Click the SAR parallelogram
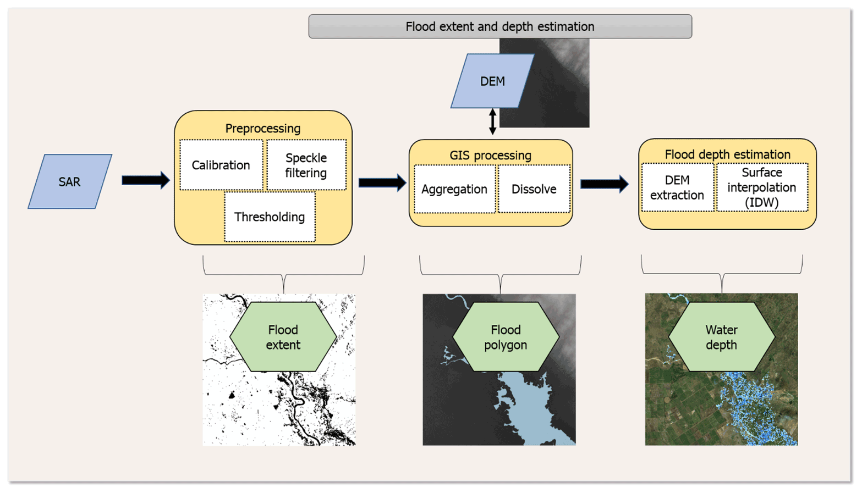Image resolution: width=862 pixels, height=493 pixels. [x=70, y=181]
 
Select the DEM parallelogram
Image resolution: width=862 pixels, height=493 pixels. [x=492, y=81]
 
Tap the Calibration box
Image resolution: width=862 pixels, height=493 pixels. [x=221, y=165]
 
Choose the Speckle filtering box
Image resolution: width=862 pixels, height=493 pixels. [x=306, y=165]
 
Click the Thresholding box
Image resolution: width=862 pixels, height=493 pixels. [x=270, y=217]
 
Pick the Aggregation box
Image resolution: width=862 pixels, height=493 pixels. [x=454, y=189]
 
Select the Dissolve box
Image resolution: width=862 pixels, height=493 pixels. [x=534, y=189]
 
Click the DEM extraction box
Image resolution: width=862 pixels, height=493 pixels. [x=677, y=187]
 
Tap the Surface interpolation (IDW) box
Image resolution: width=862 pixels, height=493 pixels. [x=762, y=187]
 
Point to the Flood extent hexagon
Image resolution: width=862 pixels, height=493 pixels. [x=283, y=337]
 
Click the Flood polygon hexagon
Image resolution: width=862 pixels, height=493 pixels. [x=506, y=337]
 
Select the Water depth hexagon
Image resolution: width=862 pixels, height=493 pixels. [x=721, y=337]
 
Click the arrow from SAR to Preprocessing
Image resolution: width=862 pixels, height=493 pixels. [x=145, y=180]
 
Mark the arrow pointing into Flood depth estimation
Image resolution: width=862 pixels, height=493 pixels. [x=604, y=184]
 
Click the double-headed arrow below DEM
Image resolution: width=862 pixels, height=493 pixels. [x=492, y=121]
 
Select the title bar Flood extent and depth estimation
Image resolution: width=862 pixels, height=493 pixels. [x=500, y=26]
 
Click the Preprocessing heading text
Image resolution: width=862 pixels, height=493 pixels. [x=263, y=128]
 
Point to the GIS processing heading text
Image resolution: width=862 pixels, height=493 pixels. [x=491, y=155]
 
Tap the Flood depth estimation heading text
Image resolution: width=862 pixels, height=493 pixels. [x=727, y=154]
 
